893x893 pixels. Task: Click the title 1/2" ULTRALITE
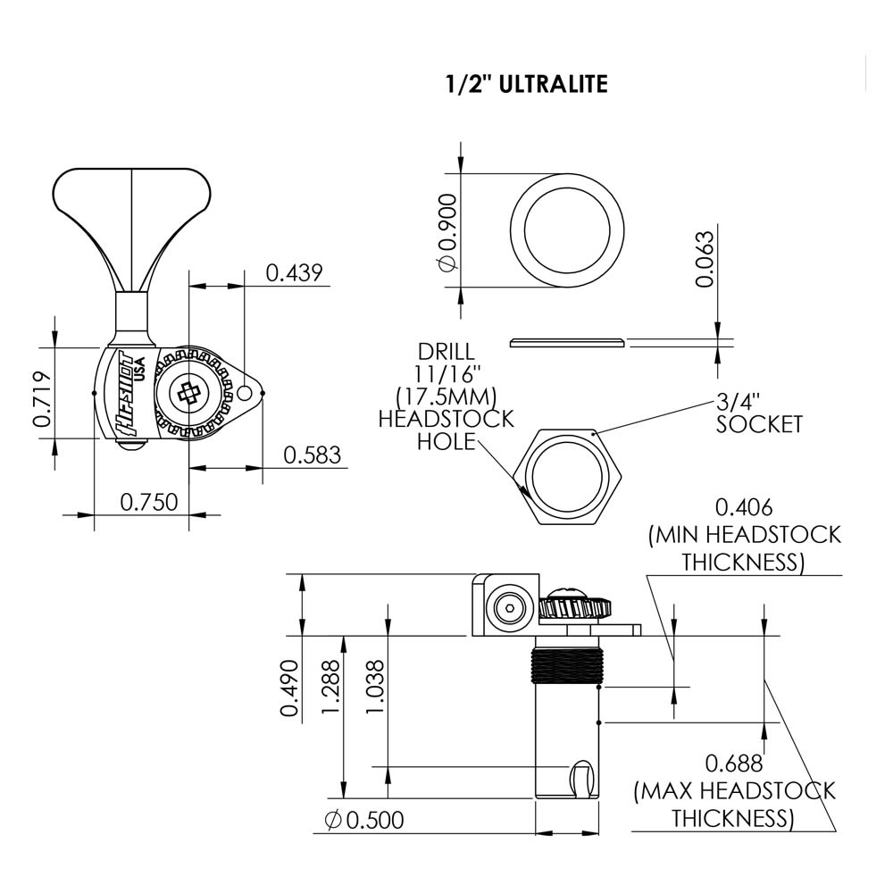(x=527, y=85)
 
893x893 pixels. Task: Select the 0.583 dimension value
(x=313, y=455)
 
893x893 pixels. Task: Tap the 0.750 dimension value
(x=149, y=501)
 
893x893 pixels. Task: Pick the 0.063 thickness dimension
(x=705, y=259)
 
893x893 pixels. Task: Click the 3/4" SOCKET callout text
(x=759, y=413)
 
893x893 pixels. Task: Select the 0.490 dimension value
(x=288, y=689)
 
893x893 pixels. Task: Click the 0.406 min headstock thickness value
(x=744, y=508)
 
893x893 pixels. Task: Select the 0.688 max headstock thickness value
(x=734, y=764)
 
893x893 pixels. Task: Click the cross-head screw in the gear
(x=189, y=392)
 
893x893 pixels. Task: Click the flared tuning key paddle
(x=131, y=205)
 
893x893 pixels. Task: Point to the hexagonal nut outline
(x=569, y=477)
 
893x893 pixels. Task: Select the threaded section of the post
(x=568, y=665)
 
